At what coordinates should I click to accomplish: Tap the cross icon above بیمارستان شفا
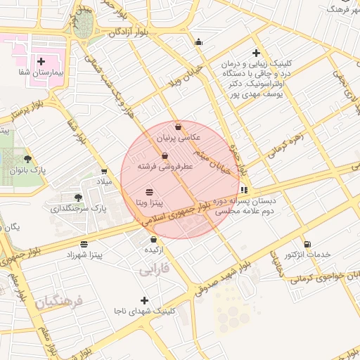pyautogui.click(x=41, y=62)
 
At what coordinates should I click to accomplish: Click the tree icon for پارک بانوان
pyautogui.click(x=27, y=159)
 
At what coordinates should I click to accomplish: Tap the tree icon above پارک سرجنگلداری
pyautogui.click(x=77, y=198)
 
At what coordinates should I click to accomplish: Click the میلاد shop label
pyautogui.click(x=104, y=182)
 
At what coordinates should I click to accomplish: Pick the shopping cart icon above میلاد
pyautogui.click(x=104, y=171)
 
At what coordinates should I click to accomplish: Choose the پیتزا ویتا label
pyautogui.click(x=150, y=202)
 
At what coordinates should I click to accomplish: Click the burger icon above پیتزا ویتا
pyautogui.click(x=149, y=191)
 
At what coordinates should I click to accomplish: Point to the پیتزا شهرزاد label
pyautogui.click(x=83, y=255)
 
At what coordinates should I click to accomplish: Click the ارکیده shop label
pyautogui.click(x=153, y=250)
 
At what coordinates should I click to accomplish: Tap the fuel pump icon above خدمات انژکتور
pyautogui.click(x=307, y=243)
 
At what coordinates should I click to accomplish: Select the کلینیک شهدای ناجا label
pyautogui.click(x=145, y=311)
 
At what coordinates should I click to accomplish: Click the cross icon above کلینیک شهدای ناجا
pyautogui.click(x=145, y=300)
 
